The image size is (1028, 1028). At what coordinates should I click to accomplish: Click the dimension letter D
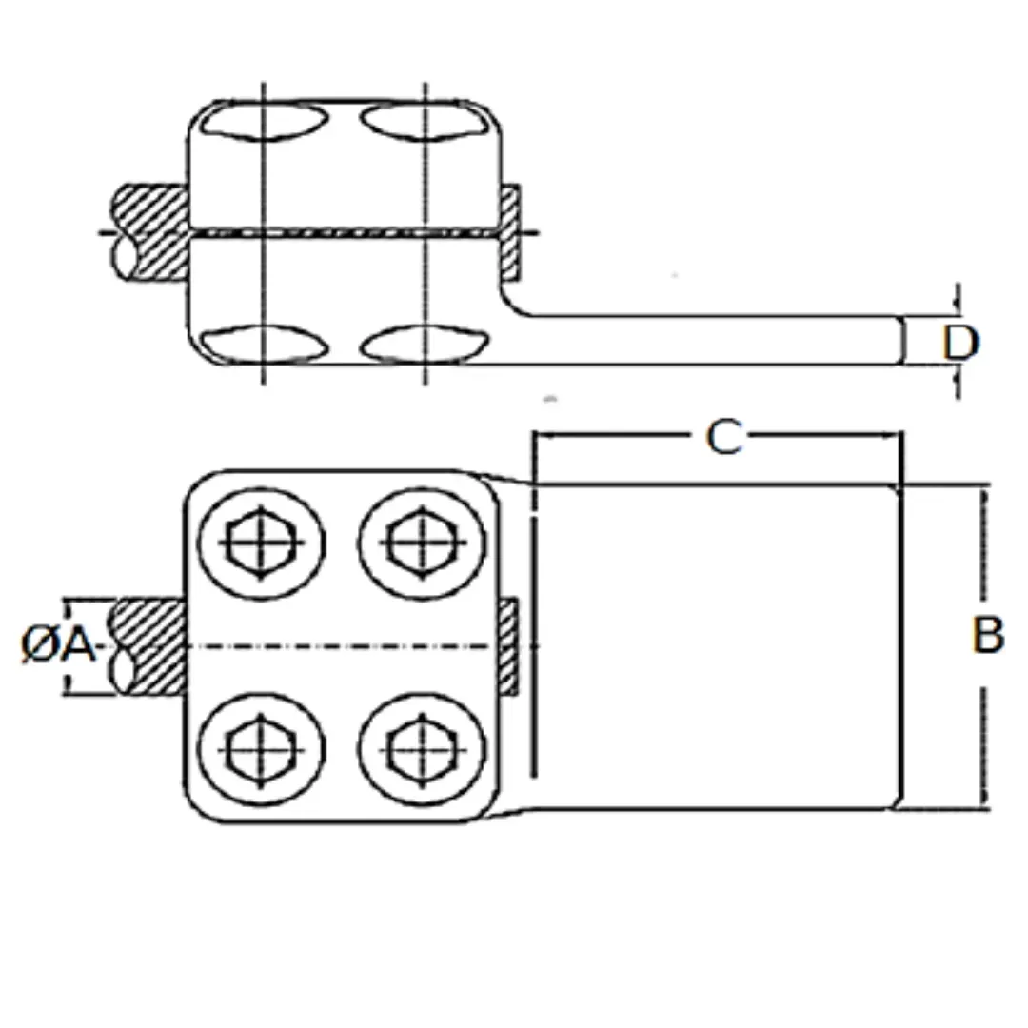[959, 343]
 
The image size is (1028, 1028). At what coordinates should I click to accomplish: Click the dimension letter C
[723, 438]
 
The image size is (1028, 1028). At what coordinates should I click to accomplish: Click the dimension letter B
[988, 635]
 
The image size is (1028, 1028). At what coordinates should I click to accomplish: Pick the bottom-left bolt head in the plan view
[261, 749]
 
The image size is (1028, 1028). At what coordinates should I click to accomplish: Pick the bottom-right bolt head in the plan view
[421, 749]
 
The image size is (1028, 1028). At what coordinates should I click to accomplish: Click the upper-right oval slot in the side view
[425, 122]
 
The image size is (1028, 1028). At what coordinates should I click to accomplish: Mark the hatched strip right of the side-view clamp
[510, 231]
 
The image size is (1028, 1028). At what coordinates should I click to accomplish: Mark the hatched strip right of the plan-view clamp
[509, 647]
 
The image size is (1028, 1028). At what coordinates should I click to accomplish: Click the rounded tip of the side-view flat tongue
[899, 341]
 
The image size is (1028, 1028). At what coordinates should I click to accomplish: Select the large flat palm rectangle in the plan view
[714, 647]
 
